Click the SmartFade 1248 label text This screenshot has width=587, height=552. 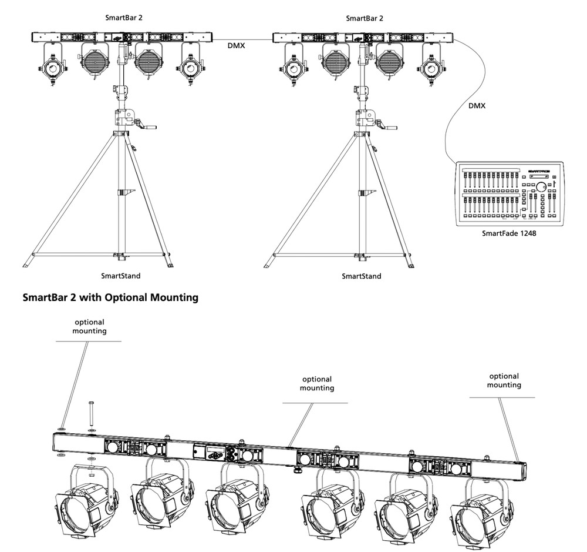pos(509,233)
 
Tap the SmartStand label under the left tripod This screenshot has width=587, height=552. pos(121,275)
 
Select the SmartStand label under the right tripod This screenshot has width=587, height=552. pos(362,276)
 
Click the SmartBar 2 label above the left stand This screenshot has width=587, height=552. pos(123,18)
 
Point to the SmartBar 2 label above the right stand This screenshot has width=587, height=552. pos(365,18)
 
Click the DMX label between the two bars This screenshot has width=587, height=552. pos(237,44)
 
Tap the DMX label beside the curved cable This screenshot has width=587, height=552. pos(476,106)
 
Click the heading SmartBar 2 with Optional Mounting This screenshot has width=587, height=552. pos(110,298)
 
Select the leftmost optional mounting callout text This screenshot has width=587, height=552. pos(89,326)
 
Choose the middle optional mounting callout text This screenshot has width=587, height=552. pos(317,383)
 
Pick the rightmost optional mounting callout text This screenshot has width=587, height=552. pos(504,380)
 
